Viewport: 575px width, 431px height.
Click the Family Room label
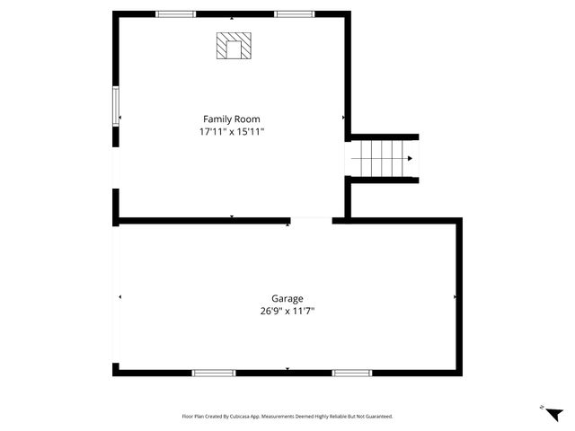click(232, 119)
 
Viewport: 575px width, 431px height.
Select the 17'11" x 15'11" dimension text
click(232, 132)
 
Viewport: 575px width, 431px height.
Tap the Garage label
click(287, 298)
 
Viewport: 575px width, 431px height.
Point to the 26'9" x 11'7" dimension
click(287, 312)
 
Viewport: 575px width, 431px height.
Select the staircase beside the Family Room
click(384, 159)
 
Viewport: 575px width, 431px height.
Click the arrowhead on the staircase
click(410, 159)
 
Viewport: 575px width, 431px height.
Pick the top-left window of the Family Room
click(176, 14)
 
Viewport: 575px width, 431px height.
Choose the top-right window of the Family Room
click(295, 14)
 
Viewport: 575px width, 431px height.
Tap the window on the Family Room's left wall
click(115, 106)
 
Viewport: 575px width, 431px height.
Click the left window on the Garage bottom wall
click(214, 373)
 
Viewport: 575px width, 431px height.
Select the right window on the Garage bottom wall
click(352, 373)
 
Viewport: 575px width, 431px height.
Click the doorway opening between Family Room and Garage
click(311, 220)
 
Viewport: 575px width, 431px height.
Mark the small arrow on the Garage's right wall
click(456, 296)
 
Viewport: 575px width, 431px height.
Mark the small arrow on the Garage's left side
click(119, 296)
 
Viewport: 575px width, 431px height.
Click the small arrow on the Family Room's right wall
click(343, 118)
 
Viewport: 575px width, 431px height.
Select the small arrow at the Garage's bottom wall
click(287, 368)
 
